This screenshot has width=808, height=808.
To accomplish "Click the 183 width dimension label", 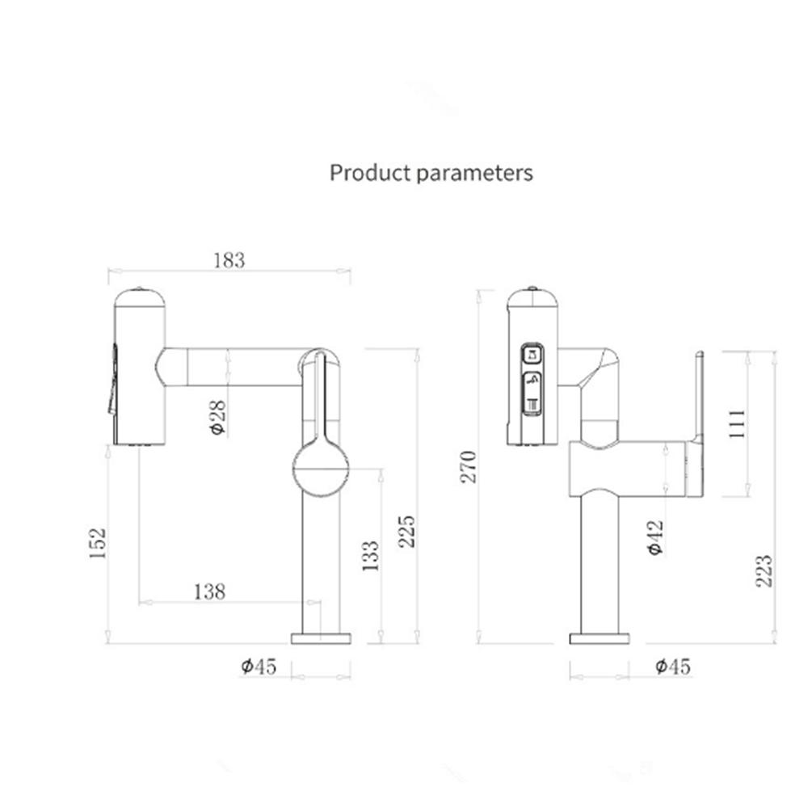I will tap(229, 260).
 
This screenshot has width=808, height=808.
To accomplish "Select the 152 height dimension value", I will tap(98, 543).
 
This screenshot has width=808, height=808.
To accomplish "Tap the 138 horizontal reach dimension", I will tap(209, 591).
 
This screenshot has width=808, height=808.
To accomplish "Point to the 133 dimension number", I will tap(369, 555).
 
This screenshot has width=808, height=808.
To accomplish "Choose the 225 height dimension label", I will tap(407, 531).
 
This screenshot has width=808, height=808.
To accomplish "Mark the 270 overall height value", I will tap(468, 466).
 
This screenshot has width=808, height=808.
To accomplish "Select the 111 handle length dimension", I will tap(737, 423).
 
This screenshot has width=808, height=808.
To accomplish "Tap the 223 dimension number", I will tap(764, 570).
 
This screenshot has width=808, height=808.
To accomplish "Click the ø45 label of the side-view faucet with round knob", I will tap(259, 667).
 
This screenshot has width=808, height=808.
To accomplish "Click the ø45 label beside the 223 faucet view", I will tap(672, 667).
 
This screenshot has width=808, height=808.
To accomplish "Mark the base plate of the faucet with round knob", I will tap(321, 638).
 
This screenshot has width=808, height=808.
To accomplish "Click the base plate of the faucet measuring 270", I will tap(599, 638).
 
